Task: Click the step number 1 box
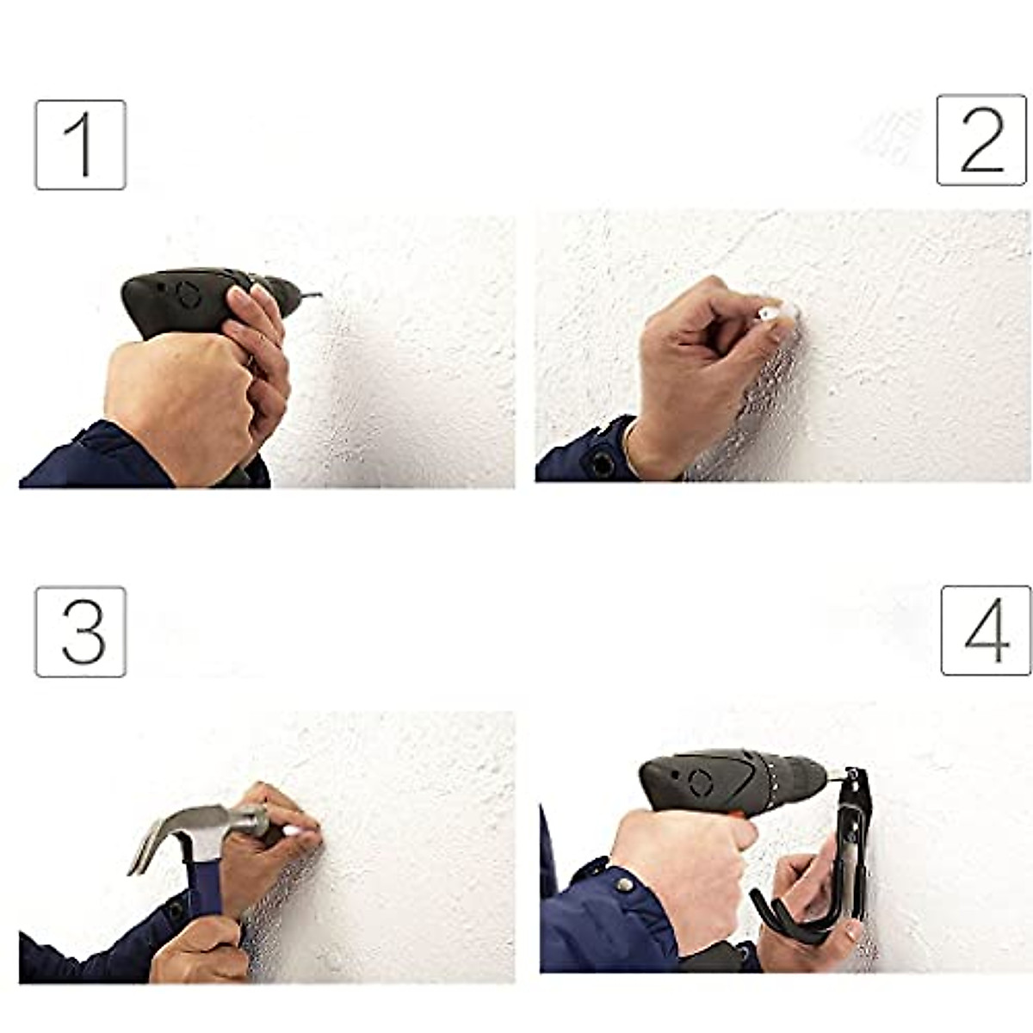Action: coord(80,145)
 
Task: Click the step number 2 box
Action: coord(981,139)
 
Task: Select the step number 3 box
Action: coord(80,632)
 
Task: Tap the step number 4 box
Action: coord(986,630)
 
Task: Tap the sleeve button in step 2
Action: coord(602,464)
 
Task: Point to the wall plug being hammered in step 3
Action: coord(292,831)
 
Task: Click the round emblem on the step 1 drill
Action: coord(189,295)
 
